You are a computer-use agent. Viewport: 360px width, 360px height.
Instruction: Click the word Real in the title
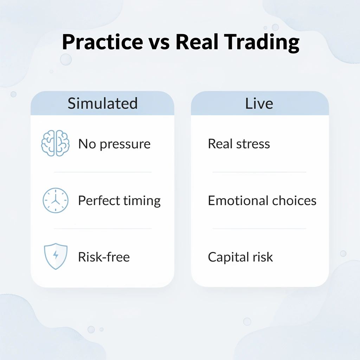pyautogui.click(x=197, y=42)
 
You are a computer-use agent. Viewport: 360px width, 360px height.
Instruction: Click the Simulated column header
pyautogui.click(x=102, y=104)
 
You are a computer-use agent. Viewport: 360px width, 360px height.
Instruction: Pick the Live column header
pyautogui.click(x=259, y=104)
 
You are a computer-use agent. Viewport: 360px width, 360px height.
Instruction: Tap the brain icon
pyautogui.click(x=55, y=143)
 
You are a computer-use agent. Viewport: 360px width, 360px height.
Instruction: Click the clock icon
pyautogui.click(x=55, y=200)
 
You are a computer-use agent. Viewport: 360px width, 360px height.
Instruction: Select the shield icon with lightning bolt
pyautogui.click(x=55, y=257)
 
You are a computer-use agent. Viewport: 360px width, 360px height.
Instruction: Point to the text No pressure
pyautogui.click(x=114, y=144)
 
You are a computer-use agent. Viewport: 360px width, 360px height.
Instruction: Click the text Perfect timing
pyautogui.click(x=119, y=201)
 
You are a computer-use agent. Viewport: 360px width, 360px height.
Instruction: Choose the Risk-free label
pyautogui.click(x=104, y=257)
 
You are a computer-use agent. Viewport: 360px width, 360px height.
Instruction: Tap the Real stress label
pyautogui.click(x=239, y=144)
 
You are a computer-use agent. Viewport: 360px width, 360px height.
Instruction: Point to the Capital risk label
pyautogui.click(x=240, y=257)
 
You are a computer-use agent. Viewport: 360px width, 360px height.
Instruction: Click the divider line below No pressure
pyautogui.click(x=102, y=172)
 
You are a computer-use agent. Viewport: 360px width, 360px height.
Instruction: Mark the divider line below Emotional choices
pyautogui.click(x=259, y=229)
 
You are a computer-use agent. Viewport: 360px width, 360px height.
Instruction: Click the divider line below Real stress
pyautogui.click(x=259, y=172)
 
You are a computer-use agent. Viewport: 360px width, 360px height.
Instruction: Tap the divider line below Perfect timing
pyautogui.click(x=102, y=229)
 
